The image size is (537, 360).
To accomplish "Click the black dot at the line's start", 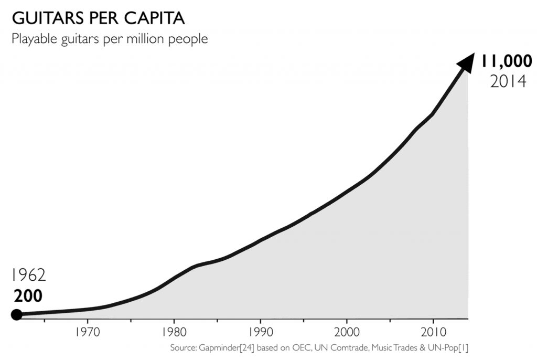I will click(17, 315).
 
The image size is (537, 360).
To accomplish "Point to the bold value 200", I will click(28, 296).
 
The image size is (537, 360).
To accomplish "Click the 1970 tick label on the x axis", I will click(88, 332).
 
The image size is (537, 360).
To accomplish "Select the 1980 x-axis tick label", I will click(174, 332).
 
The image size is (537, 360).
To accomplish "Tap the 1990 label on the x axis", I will click(260, 332).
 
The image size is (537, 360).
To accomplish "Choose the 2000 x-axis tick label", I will click(346, 332).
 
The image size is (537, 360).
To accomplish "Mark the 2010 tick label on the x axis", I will click(432, 332).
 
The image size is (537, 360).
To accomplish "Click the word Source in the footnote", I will click(182, 348).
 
